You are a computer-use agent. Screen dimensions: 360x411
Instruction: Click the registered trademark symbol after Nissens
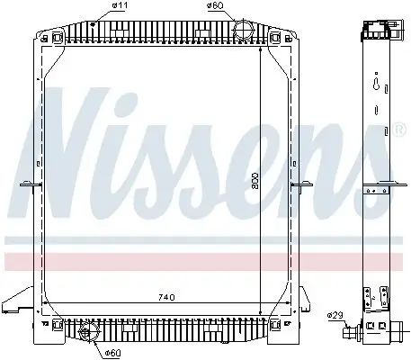(x=398, y=130)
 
